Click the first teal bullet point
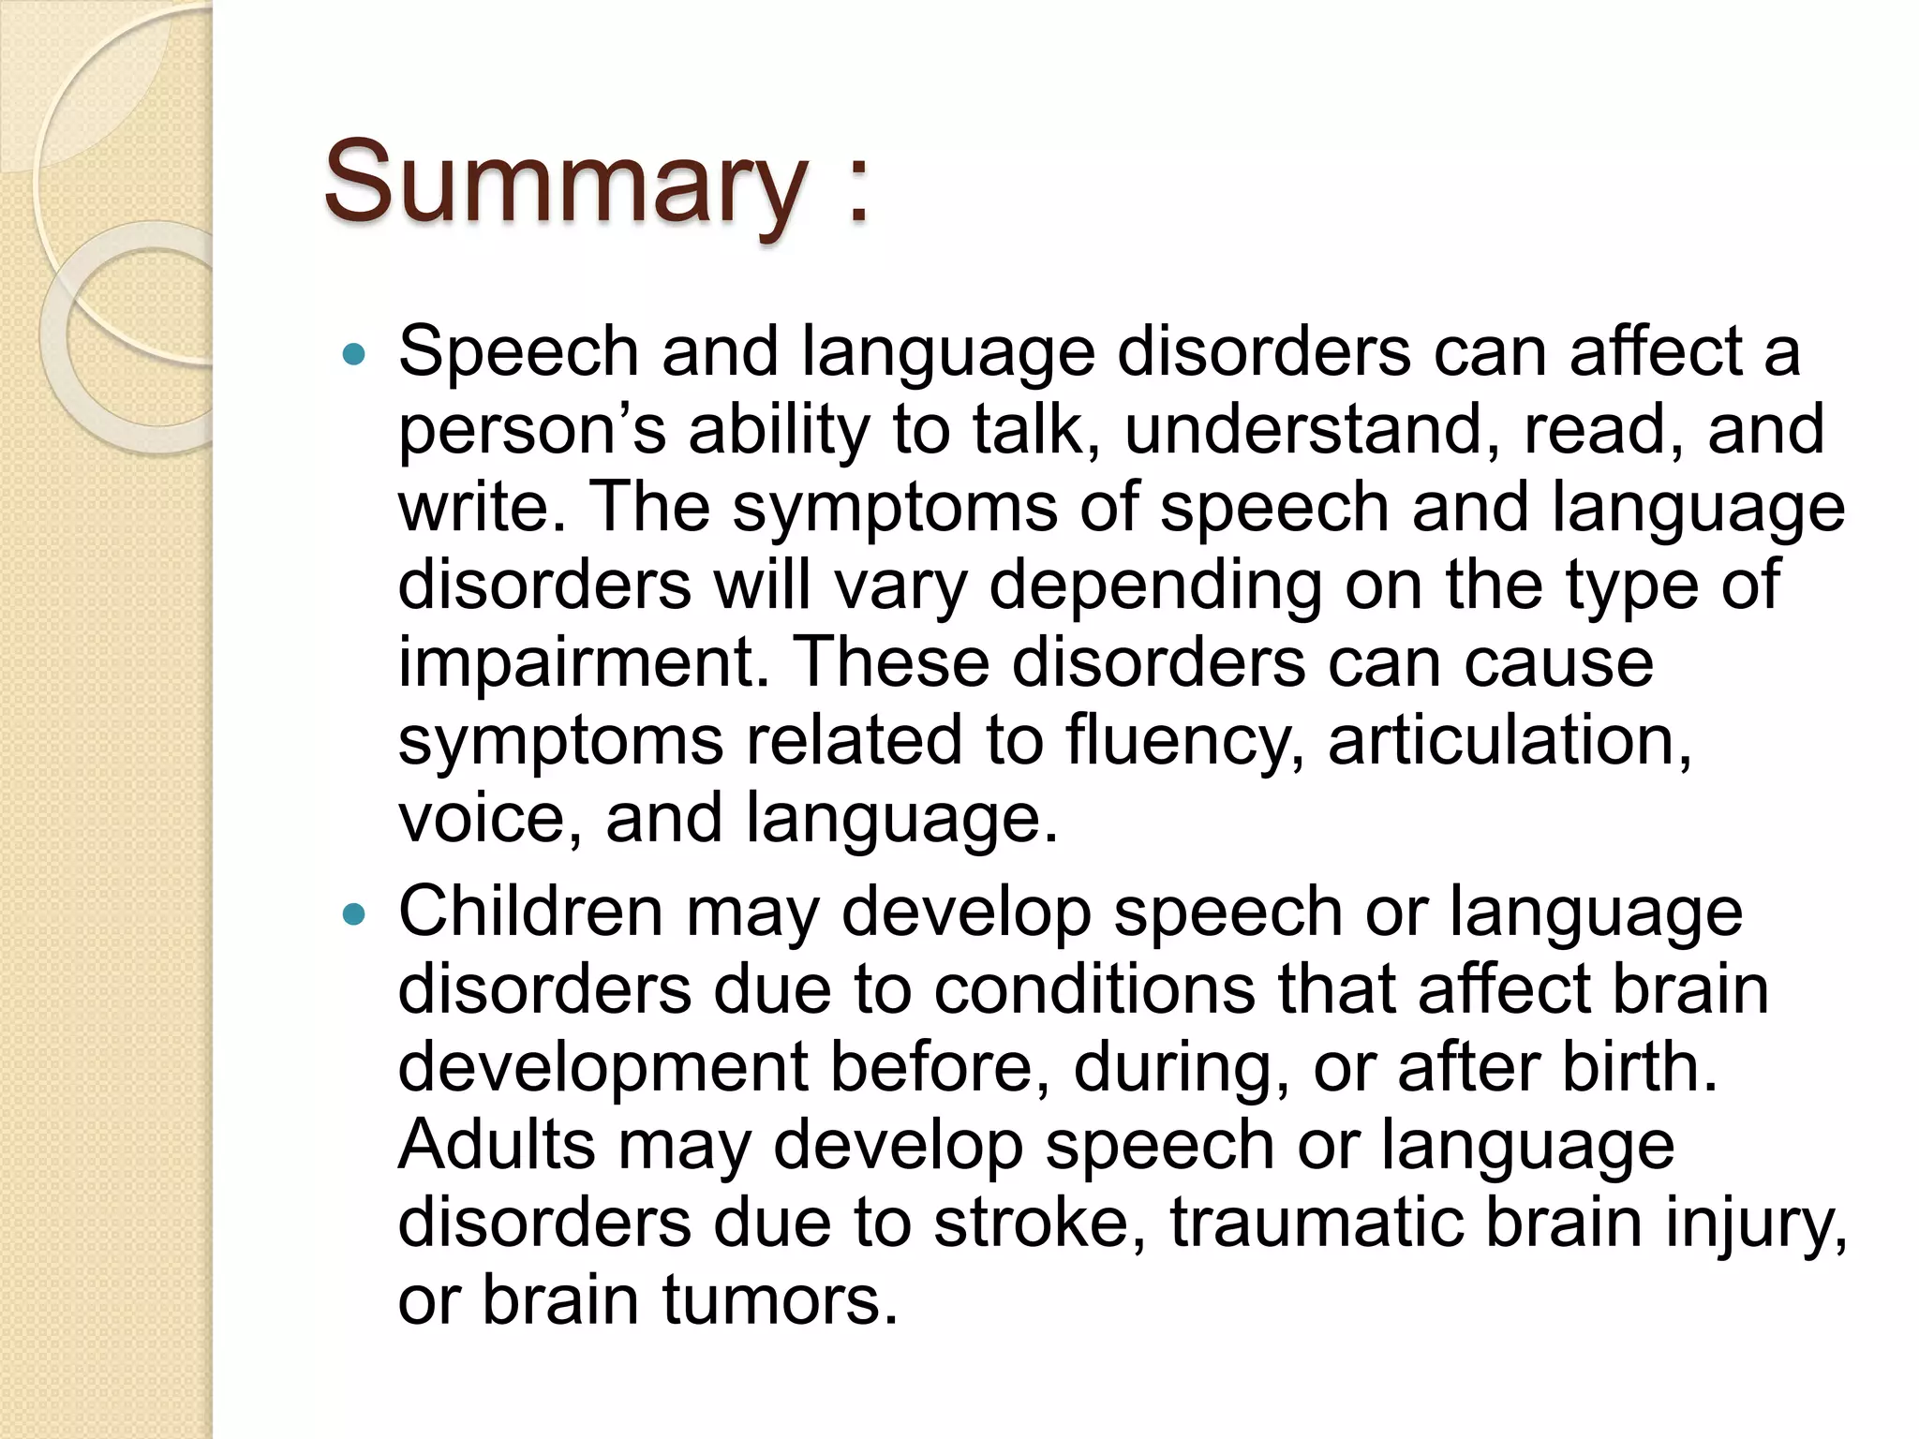(353, 355)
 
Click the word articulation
(1510, 740)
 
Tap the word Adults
(497, 1145)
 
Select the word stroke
(1040, 1223)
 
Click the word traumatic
(1316, 1223)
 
